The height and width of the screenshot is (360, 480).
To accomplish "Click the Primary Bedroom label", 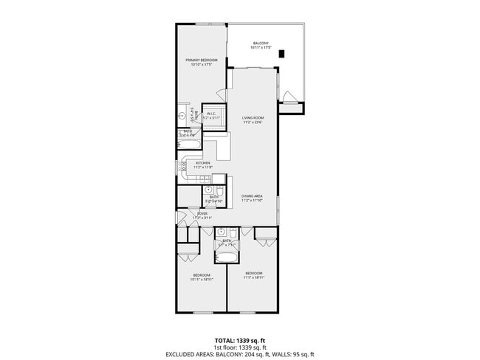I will tap(201, 62).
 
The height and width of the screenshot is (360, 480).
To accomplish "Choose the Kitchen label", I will tap(203, 165).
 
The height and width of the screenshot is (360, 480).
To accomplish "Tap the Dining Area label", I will tap(253, 198).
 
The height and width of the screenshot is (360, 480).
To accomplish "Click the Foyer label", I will tap(202, 215).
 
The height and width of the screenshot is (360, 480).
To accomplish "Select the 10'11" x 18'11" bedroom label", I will tap(202, 277).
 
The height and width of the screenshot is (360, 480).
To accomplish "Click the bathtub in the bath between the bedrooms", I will tap(226, 257).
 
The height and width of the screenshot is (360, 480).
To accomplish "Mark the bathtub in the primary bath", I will tap(191, 145).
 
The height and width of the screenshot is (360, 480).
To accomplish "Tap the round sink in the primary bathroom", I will tap(182, 116).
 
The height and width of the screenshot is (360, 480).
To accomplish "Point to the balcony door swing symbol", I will tap(289, 95).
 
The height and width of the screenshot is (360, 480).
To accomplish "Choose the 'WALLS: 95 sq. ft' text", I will tap(296, 354).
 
